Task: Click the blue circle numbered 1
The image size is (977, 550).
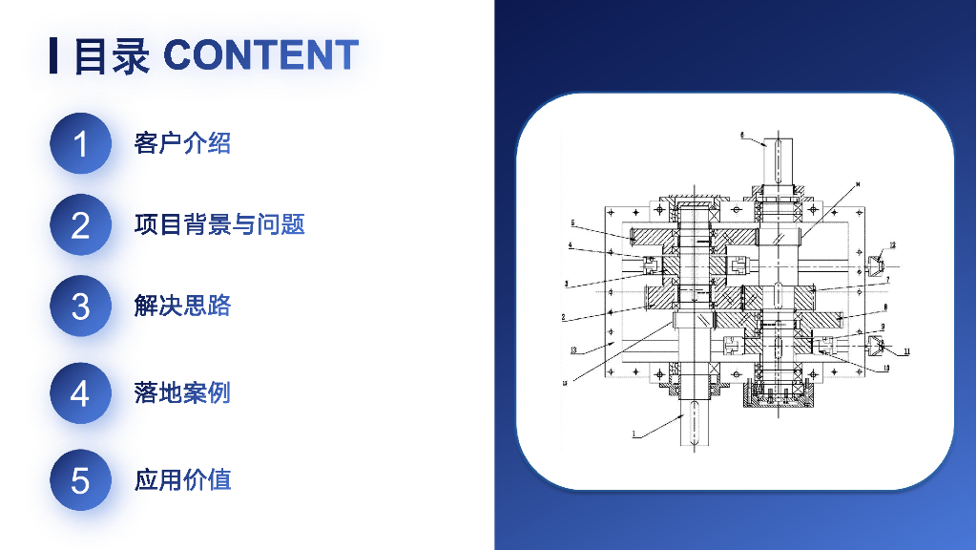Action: pos(80,144)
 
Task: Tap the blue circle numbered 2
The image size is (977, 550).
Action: pos(80,225)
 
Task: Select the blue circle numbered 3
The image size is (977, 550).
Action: pos(80,307)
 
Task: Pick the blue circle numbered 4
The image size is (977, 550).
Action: pos(80,393)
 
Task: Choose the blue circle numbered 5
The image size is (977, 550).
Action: pos(80,479)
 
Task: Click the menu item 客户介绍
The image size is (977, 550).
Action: pos(182,144)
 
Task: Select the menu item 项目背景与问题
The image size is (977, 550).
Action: pos(219,225)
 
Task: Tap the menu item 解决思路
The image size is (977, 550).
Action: pos(182,307)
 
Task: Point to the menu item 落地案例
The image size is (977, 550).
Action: pos(182,392)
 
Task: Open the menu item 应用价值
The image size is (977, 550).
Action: pos(182,479)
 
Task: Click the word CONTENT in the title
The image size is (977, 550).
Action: pos(260,55)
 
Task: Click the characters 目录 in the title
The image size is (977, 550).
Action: pos(112,56)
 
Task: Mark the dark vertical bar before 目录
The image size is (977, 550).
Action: pos(53,56)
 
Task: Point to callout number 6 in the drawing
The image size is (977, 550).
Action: pos(741,136)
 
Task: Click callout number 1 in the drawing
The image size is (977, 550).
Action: pos(632,435)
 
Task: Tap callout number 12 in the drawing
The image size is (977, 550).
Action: pos(893,245)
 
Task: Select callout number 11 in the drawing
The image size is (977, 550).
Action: pos(906,351)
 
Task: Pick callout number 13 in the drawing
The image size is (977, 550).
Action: pos(573,350)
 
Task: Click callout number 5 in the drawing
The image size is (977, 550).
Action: pos(573,223)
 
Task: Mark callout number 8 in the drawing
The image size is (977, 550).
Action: pos(884,307)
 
